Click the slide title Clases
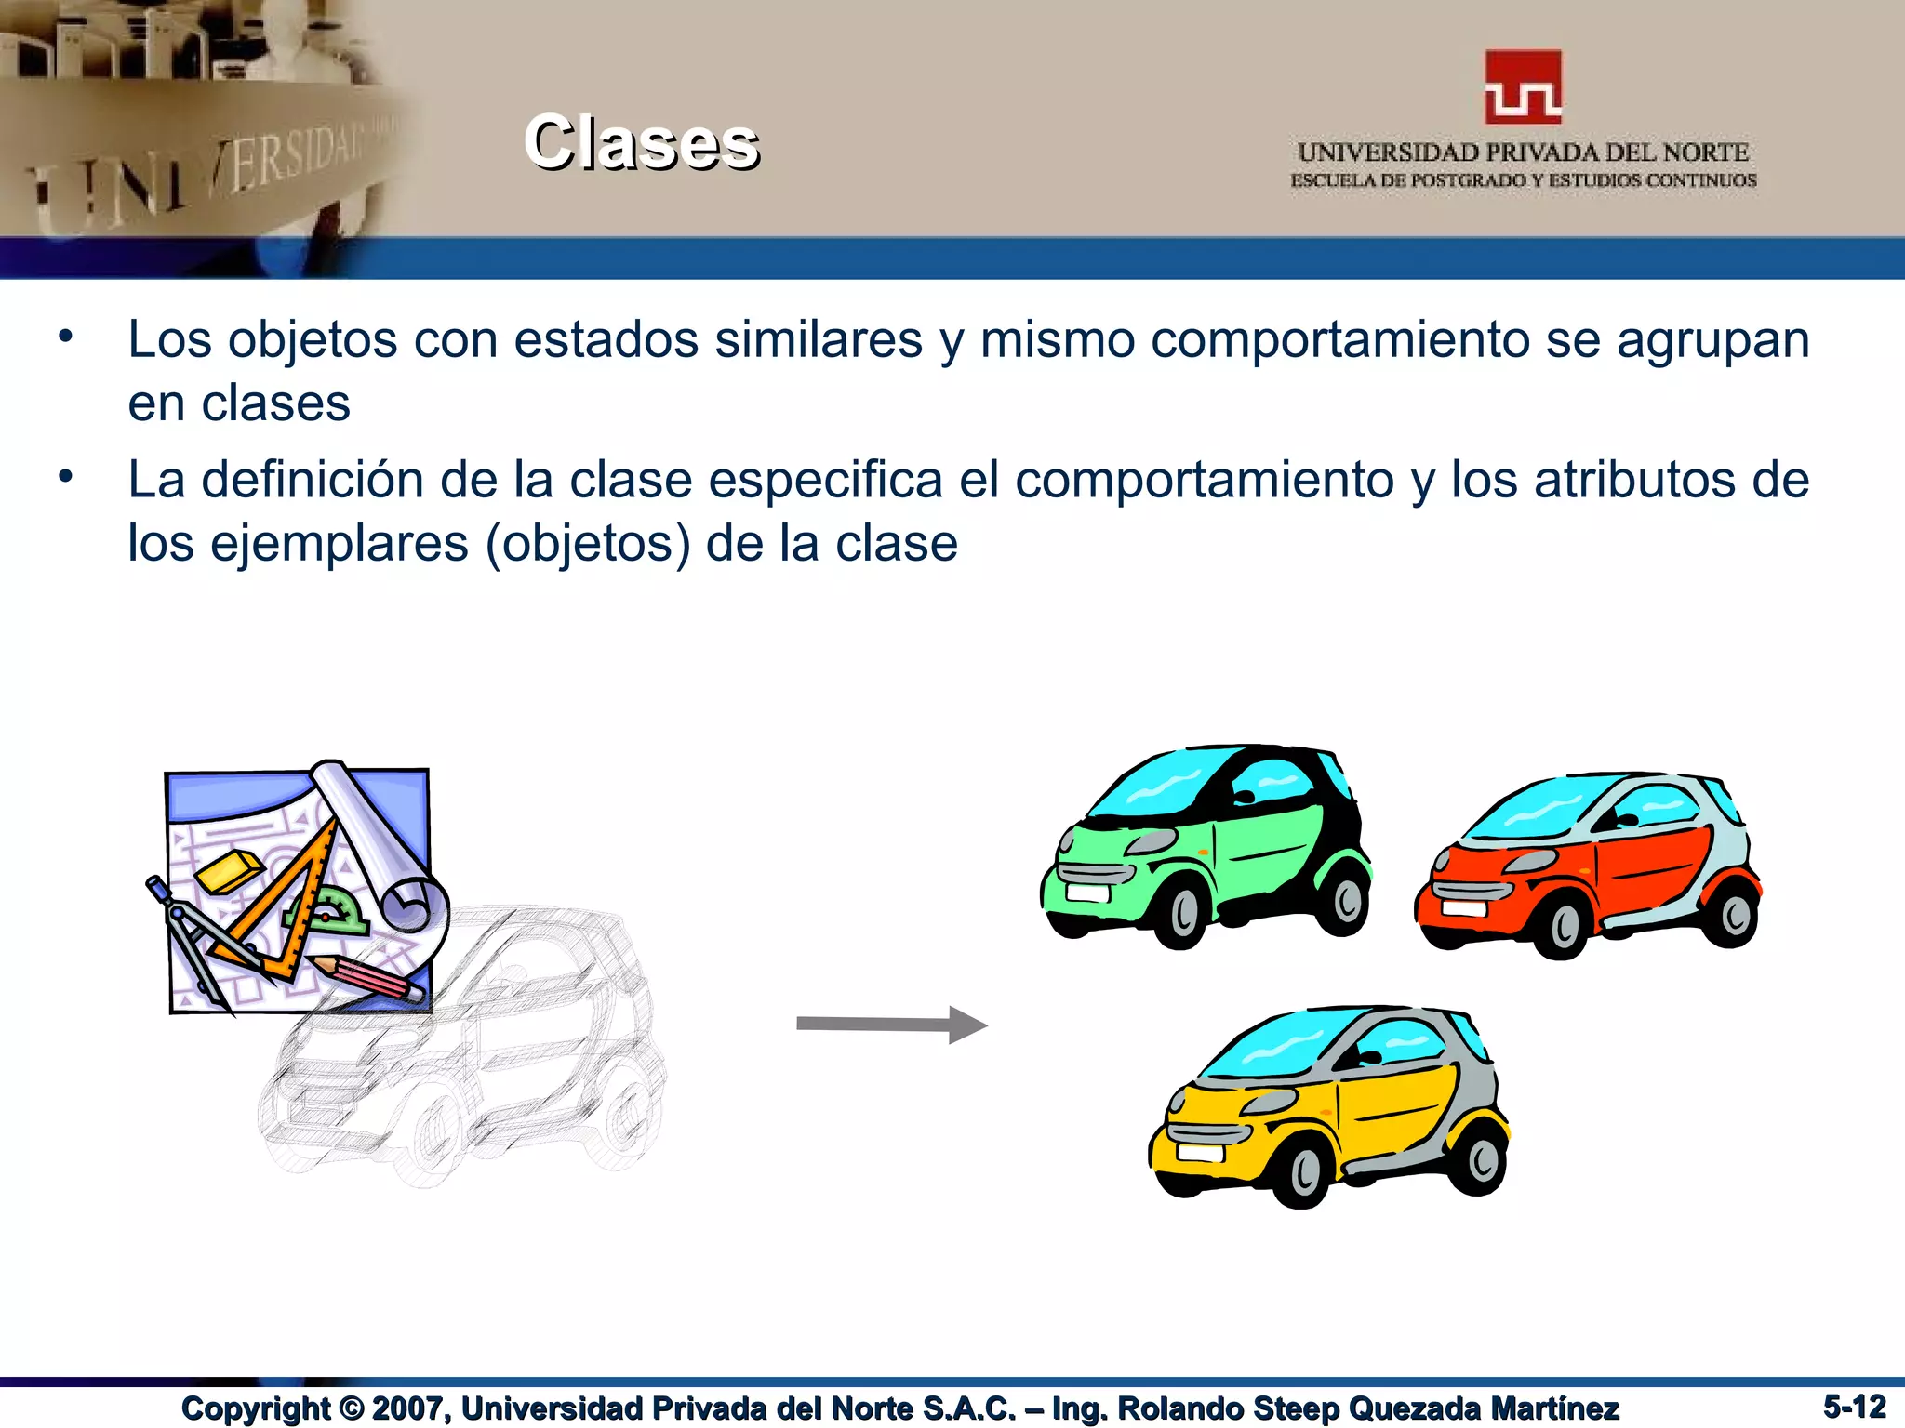[x=642, y=143]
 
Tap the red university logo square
[x=1523, y=87]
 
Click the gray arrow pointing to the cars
[x=891, y=1025]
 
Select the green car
[x=1206, y=846]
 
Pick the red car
[x=1587, y=865]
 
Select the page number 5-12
[x=1854, y=1406]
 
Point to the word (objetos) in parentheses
[x=588, y=545]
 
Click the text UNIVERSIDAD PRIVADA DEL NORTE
[x=1523, y=152]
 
